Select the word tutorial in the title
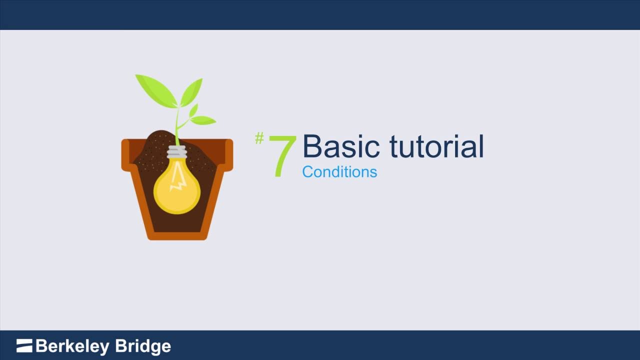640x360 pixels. (x=436, y=146)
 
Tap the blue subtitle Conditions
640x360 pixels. (x=339, y=172)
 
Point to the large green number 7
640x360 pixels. (x=282, y=155)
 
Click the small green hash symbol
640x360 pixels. (x=259, y=138)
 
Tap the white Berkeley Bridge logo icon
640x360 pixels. (x=24, y=345)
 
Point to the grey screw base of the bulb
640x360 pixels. (x=177, y=151)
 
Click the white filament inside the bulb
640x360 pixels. (x=177, y=183)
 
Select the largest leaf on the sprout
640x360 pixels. (x=155, y=89)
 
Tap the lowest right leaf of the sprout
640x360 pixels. (x=203, y=120)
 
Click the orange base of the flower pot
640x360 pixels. (x=177, y=236)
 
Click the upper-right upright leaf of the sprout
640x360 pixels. (x=192, y=91)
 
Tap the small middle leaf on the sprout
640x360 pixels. (x=193, y=110)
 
